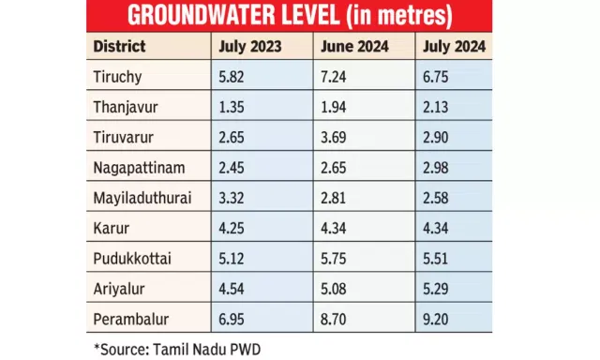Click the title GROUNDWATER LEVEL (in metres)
coord(290,16)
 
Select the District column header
coord(119,46)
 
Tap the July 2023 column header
coord(250,47)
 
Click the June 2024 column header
coord(354,47)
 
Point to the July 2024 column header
coord(454,47)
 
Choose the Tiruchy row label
coord(117,77)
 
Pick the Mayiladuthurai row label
coord(142,198)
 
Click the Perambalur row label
coord(131,319)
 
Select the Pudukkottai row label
coord(132,259)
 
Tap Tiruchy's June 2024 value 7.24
coord(334,77)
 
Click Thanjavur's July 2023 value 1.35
coord(232,107)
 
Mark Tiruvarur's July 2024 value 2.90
coord(435,137)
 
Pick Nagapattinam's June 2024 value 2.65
coord(334,168)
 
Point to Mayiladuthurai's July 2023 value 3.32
coord(232,198)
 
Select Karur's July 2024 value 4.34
coord(435,229)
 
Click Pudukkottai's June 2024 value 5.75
coord(334,259)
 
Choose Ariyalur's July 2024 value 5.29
coord(435,289)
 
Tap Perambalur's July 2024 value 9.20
coord(435,319)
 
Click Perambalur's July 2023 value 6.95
coord(232,319)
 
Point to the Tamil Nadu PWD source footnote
coord(177,350)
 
